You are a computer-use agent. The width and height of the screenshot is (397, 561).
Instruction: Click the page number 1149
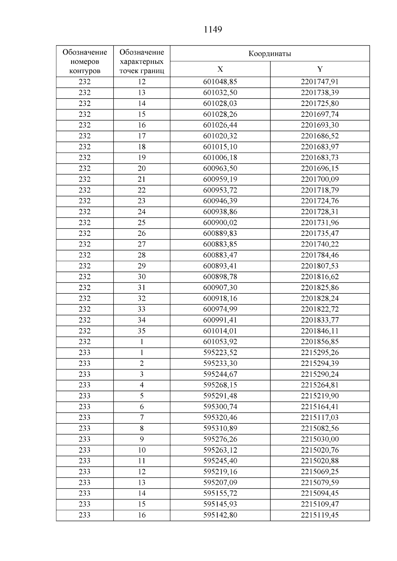(213, 30)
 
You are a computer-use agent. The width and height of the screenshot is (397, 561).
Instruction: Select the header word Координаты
(270, 54)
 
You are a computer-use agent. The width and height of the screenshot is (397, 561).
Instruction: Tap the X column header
(220, 69)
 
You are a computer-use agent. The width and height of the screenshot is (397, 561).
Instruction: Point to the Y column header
(320, 69)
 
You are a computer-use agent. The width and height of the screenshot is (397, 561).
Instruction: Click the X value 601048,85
(220, 82)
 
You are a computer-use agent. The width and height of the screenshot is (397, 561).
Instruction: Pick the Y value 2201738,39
(320, 93)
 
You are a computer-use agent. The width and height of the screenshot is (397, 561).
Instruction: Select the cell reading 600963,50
(220, 168)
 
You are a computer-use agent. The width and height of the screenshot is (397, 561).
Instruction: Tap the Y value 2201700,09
(320, 179)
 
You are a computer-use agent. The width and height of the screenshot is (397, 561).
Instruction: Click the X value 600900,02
(220, 223)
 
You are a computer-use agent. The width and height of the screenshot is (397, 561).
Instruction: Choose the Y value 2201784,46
(320, 255)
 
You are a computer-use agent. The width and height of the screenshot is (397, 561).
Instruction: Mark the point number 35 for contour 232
(142, 331)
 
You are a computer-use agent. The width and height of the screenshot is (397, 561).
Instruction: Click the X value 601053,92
(220, 342)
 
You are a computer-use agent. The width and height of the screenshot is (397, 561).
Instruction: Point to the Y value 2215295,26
(320, 353)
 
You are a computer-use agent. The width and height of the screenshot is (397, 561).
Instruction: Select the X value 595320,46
(220, 417)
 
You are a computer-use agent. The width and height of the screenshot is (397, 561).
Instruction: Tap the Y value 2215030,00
(320, 439)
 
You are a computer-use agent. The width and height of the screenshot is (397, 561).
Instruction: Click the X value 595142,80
(220, 515)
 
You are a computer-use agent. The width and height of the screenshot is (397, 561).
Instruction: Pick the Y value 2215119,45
(320, 515)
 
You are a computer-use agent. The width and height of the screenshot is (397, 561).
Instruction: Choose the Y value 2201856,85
(320, 342)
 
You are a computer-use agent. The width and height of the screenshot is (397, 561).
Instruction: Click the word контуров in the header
(85, 71)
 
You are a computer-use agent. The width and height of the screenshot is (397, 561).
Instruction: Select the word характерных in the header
(142, 62)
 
